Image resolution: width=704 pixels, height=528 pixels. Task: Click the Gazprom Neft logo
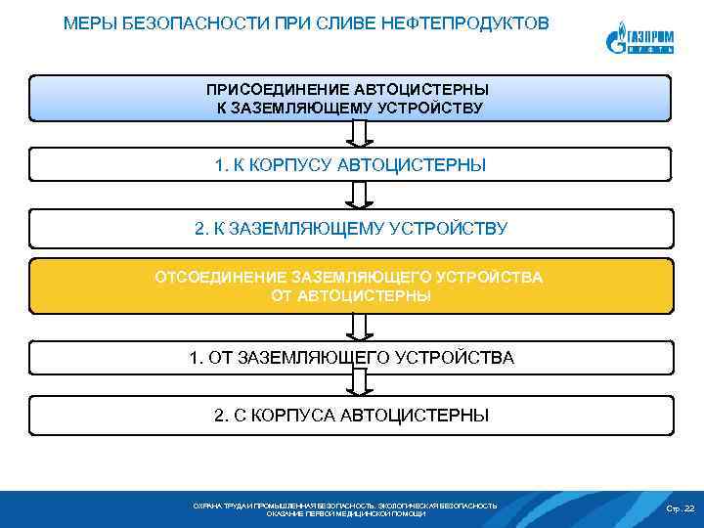click(638, 39)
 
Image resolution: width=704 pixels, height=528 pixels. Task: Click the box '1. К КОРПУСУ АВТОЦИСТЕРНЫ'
click(350, 165)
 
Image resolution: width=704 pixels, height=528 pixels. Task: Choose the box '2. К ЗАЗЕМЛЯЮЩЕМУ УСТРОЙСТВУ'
click(350, 229)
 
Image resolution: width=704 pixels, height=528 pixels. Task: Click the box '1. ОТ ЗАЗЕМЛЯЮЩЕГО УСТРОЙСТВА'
click(350, 357)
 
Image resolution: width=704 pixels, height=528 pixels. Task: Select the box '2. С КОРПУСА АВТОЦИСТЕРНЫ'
click(350, 416)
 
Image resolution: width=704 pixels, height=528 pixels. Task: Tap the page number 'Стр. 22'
click(680, 508)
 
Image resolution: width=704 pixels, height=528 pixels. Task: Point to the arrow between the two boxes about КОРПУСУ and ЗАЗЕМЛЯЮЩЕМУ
click(359, 195)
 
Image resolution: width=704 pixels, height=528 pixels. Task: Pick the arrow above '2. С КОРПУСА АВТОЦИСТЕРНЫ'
click(359, 382)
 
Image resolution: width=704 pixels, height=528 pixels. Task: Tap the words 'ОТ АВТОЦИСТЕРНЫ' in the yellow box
click(350, 294)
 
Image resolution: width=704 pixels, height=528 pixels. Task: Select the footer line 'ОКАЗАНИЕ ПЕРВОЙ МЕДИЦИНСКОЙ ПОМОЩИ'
click(346, 513)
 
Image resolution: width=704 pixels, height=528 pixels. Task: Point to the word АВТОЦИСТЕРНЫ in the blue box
click(433, 89)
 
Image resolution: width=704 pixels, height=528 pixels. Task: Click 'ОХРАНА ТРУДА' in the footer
click(217, 506)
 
